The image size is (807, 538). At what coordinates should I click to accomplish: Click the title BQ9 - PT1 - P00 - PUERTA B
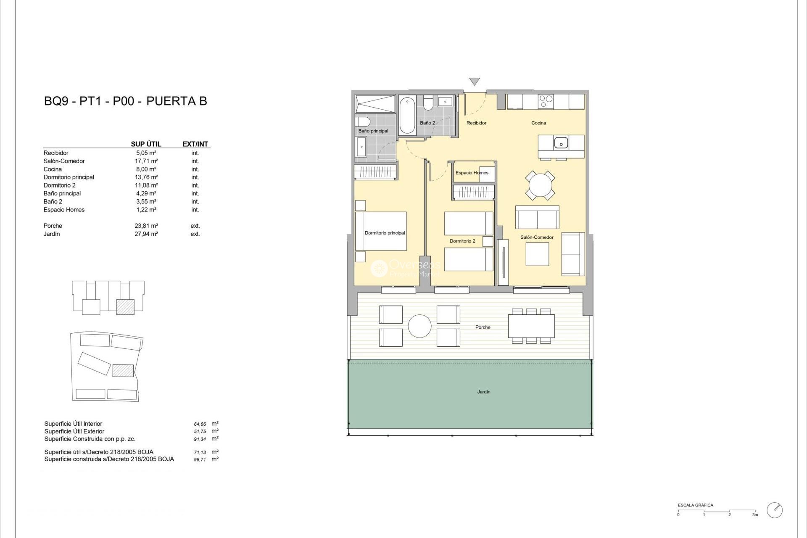125,101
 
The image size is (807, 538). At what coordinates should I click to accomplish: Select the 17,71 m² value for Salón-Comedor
146,161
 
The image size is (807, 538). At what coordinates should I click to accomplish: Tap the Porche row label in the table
53,226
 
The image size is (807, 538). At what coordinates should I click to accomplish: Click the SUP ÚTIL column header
146,144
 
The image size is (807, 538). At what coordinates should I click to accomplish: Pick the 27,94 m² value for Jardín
146,234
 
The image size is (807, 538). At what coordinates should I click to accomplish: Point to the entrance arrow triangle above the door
475,81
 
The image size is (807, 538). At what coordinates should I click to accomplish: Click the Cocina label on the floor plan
538,123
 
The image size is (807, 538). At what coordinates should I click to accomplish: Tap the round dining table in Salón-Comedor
540,185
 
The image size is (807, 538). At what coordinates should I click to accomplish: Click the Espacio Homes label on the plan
472,173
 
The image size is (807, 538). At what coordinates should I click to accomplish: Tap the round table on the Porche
419,326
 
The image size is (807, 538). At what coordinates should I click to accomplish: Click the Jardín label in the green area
483,392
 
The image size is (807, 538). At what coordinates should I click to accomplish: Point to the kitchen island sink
561,143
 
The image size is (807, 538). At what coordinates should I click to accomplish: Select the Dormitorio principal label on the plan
385,233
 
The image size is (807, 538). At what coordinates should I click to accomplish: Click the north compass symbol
775,510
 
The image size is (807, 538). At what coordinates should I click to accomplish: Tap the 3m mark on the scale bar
755,514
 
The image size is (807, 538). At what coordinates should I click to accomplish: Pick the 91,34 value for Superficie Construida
200,439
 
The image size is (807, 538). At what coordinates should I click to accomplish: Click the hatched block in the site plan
123,370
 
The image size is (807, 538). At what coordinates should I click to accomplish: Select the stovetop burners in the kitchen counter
546,101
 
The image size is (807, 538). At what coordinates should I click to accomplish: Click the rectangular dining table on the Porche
531,326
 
